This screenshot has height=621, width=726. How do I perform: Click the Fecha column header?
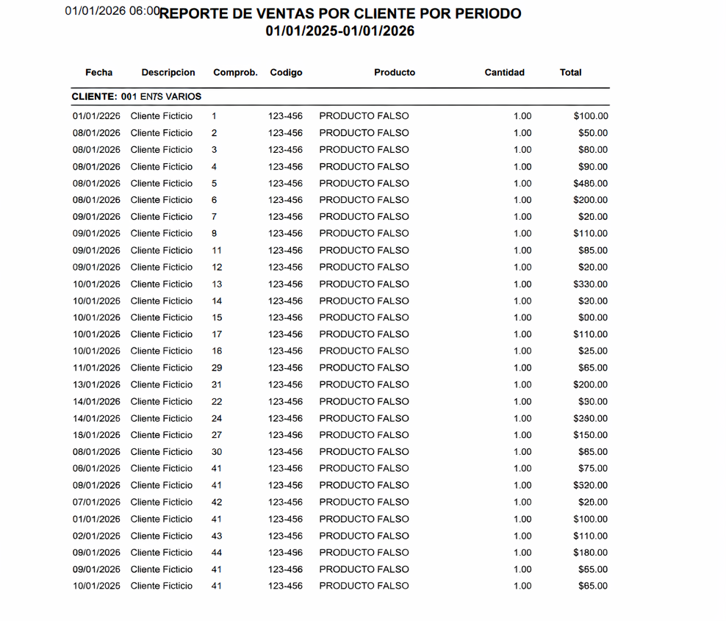point(99,73)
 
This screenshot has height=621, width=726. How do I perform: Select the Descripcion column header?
point(168,73)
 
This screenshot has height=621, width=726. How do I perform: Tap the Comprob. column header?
point(235,73)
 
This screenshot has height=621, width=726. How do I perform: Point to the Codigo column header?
point(286,73)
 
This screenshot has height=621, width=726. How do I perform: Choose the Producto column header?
point(395,73)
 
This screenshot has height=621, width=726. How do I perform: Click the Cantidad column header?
point(505,73)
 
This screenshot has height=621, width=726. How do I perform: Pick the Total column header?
point(570,73)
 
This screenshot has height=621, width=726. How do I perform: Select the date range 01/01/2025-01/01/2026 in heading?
point(340,31)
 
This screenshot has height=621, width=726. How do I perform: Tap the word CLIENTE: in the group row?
point(94,96)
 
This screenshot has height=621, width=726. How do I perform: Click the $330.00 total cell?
point(591,284)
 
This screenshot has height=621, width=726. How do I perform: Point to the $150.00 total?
point(591,435)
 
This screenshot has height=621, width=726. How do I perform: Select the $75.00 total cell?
point(593,469)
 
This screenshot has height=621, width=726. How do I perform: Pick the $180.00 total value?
point(591,553)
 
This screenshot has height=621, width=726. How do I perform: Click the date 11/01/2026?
point(96,368)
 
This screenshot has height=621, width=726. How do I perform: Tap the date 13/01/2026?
point(96,385)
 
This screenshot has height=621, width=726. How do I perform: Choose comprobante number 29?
point(217,368)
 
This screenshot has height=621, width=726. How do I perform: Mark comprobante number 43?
point(217,536)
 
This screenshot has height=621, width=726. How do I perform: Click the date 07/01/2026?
point(96,503)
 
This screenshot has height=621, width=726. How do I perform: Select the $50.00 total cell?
point(593,133)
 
